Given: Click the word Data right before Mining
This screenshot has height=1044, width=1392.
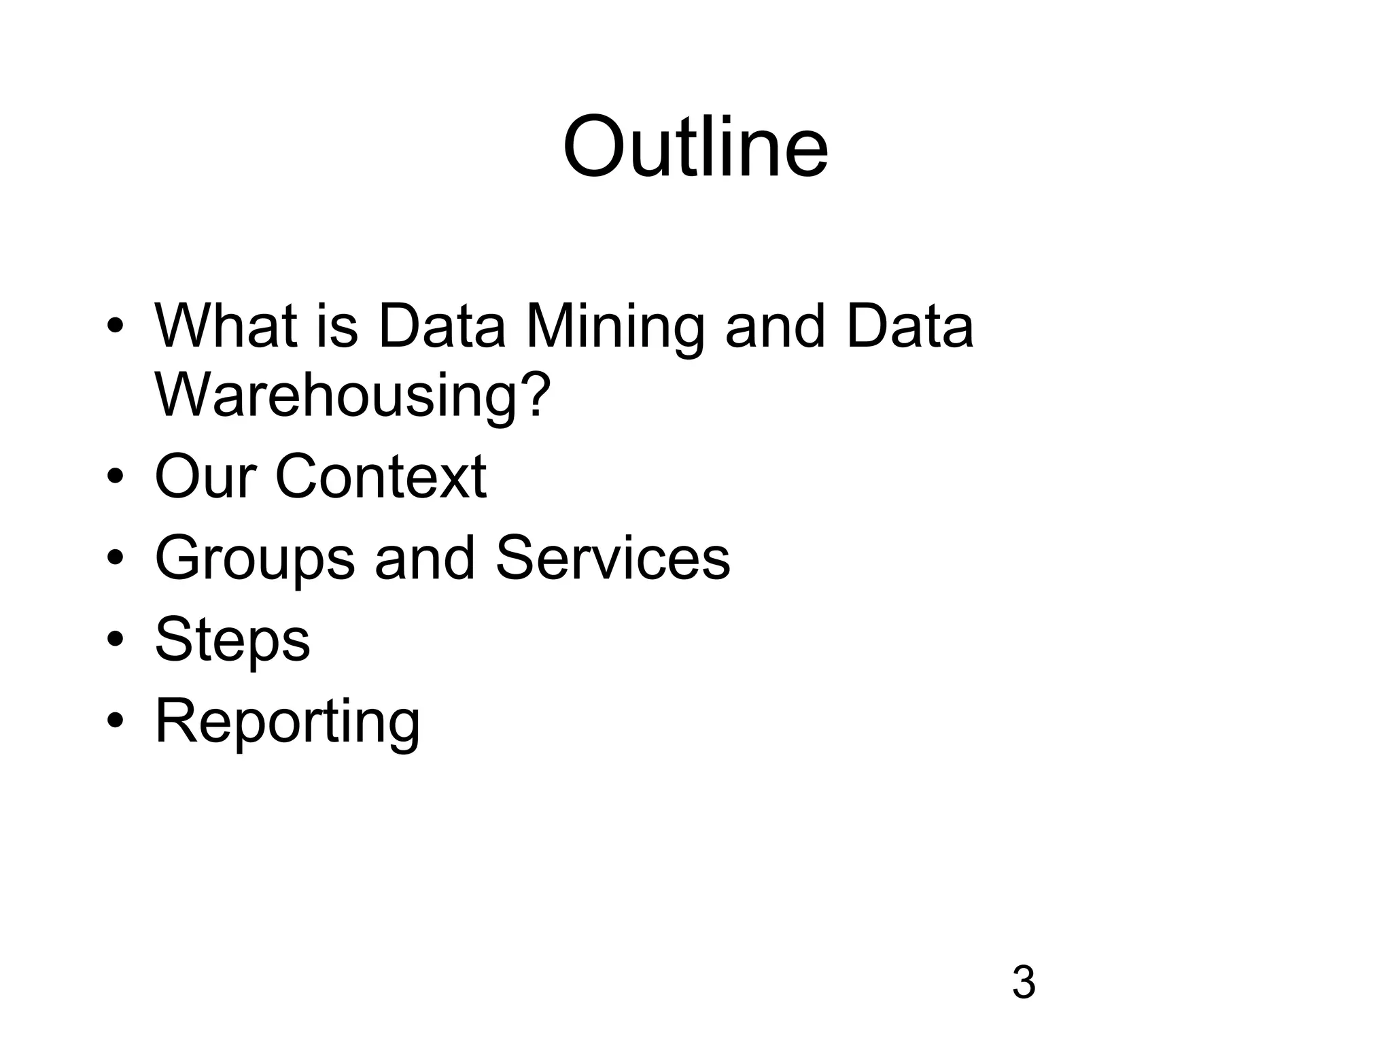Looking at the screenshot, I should [x=442, y=326].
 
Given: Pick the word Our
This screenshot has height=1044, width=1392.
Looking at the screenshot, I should [x=205, y=476].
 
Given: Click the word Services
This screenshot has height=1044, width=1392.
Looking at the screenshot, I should [x=612, y=558].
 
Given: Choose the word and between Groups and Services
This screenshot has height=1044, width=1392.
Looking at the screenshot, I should [x=425, y=558].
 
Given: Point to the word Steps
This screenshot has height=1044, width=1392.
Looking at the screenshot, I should [x=232, y=641].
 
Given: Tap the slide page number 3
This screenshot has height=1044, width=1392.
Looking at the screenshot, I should [x=1024, y=982].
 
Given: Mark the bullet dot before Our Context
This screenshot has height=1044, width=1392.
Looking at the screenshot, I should [x=115, y=478].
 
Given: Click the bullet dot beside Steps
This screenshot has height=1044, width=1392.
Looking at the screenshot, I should [x=115, y=641].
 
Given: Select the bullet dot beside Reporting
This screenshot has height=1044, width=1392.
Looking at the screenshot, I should [x=115, y=722].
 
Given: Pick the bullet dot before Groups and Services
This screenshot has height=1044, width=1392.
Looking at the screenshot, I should [x=115, y=559].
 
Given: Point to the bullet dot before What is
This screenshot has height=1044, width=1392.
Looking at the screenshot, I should [x=115, y=326].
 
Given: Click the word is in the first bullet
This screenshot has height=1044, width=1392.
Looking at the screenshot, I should [x=336, y=326].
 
